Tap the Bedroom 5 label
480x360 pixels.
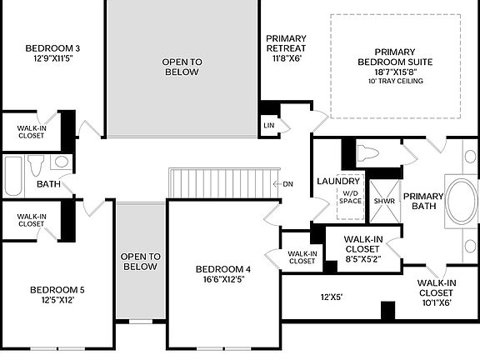click(57, 295)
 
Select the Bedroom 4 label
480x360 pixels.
click(223, 274)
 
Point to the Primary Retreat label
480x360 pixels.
click(286, 48)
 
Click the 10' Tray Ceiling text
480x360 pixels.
click(395, 81)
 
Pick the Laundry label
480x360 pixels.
click(338, 182)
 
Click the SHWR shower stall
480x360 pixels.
click(384, 201)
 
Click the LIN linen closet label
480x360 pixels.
click(269, 125)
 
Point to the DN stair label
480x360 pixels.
click(287, 184)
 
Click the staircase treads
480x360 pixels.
click(222, 182)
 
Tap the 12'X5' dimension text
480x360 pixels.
click(332, 297)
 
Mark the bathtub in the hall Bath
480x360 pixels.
click(14, 175)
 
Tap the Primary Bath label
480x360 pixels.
click(423, 201)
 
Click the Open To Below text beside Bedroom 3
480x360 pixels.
click(181, 67)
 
